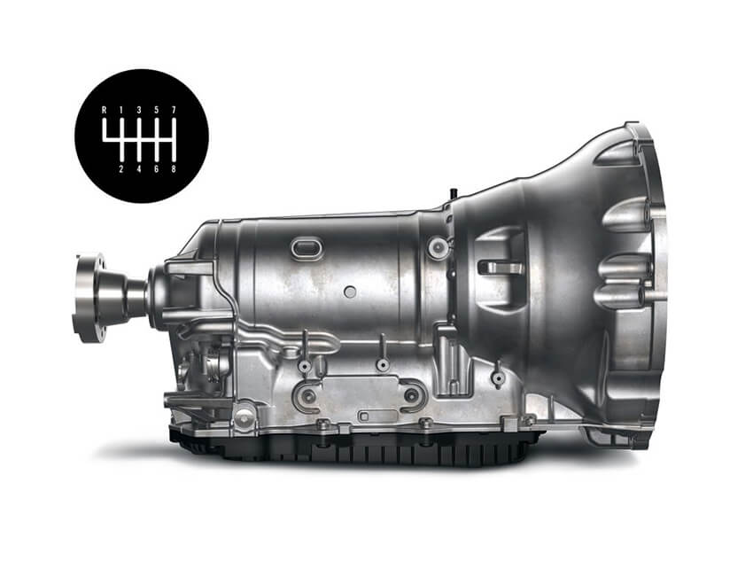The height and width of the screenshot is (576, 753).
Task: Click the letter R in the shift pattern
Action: (104, 110)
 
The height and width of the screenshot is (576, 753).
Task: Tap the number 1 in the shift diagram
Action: (121, 110)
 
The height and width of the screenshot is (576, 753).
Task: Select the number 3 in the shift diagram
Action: (139, 110)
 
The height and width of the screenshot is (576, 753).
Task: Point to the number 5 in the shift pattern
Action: (156, 110)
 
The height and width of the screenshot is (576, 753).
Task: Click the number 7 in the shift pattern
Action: (174, 110)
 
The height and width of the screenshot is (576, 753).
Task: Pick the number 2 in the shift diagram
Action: (121, 168)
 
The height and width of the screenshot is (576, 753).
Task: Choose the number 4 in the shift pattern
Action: (139, 168)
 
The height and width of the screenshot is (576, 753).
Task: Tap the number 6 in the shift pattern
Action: (156, 168)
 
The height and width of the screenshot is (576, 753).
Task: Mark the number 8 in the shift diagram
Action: (174, 168)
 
